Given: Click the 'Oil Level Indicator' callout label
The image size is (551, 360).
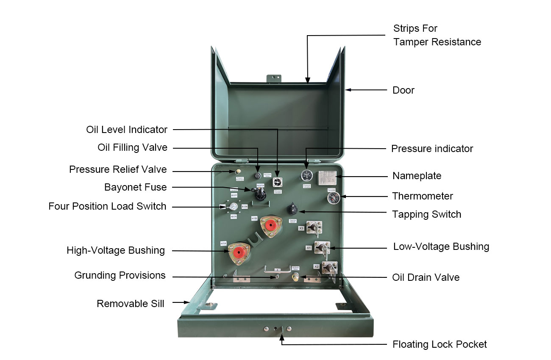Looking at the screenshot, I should [127, 130].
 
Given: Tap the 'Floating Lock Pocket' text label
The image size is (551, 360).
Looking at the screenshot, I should [440, 344].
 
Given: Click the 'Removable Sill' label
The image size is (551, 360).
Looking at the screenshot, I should [131, 303].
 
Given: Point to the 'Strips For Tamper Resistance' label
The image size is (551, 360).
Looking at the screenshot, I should [437, 35].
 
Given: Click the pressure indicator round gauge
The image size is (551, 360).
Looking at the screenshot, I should [306, 175].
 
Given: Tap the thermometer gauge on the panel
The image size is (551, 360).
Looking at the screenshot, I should [333, 197].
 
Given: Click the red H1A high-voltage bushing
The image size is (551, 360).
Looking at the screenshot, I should [239, 253].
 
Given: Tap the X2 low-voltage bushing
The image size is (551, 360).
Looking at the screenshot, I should [329, 268].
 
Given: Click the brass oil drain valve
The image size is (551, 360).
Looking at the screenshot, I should [296, 277].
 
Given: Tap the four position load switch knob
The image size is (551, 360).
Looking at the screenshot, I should [233, 207].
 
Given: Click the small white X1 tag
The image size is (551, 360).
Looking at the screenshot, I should [309, 247].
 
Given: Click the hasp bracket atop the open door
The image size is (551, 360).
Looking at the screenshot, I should [274, 78].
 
